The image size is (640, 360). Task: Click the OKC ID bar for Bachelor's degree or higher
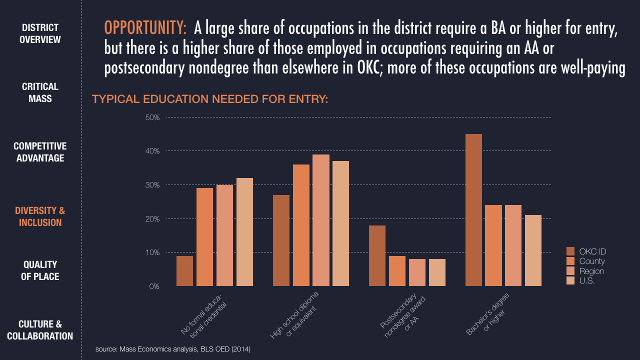(x=473, y=210)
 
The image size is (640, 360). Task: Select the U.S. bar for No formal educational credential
(x=244, y=232)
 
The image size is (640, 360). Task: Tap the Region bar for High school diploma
(x=321, y=220)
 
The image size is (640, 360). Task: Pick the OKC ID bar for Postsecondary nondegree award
(x=377, y=255)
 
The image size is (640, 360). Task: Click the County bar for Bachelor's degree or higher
(x=493, y=245)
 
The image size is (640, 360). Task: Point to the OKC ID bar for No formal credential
(x=184, y=271)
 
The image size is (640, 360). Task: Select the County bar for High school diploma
(x=301, y=225)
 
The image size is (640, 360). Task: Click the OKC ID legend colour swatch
(x=570, y=251)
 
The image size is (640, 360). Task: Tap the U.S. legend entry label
(x=587, y=281)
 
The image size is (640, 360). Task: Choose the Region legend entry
(x=591, y=271)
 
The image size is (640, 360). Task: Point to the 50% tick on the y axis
(x=152, y=117)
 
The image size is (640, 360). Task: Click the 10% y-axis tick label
(x=152, y=252)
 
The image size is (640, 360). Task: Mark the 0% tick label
(x=154, y=286)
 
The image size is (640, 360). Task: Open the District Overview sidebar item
(x=40, y=33)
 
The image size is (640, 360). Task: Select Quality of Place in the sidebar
(x=40, y=270)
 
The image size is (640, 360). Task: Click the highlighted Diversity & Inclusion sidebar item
(x=40, y=216)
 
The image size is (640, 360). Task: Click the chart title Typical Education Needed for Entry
(x=210, y=99)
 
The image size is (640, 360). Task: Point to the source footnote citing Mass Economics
(x=173, y=349)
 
